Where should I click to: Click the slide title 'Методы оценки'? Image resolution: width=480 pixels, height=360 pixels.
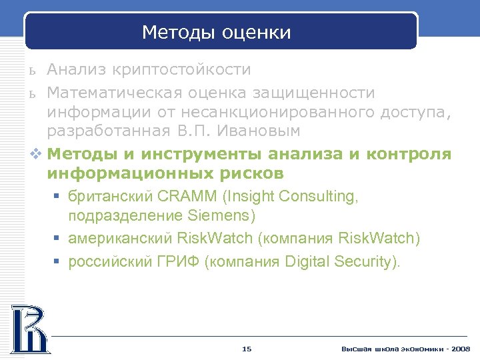pyautogui.click(x=217, y=33)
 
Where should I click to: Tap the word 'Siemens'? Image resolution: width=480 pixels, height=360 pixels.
pyautogui.click(x=222, y=216)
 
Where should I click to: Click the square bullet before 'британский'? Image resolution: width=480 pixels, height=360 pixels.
pyautogui.click(x=59, y=197)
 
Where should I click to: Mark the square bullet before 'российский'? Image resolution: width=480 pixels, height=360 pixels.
pyautogui.click(x=59, y=261)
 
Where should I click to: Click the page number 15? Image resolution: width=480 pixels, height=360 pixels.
pyautogui.click(x=247, y=349)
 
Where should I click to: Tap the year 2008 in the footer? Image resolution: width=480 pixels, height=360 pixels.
pyautogui.click(x=460, y=349)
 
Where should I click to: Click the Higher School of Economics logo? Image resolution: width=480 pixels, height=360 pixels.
pyautogui.click(x=29, y=328)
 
